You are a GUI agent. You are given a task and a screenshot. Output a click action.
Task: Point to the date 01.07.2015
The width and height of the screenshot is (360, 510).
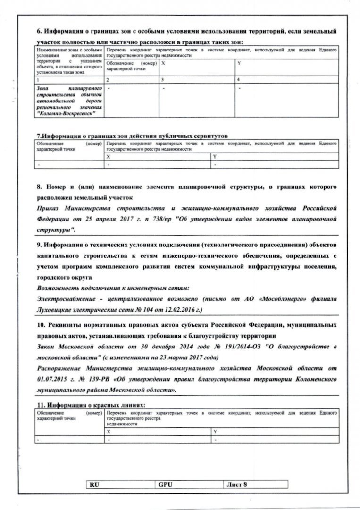pos(50,381)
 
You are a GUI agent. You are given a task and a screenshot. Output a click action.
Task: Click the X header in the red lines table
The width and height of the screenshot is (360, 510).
pos(109,432)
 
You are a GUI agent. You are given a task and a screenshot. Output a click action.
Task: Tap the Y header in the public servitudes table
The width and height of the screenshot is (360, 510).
pos(214,156)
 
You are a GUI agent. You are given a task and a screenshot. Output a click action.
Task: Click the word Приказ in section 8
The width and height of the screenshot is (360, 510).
pos(49,208)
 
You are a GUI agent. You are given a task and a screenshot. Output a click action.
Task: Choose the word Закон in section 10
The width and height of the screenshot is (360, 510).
pos(46,348)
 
